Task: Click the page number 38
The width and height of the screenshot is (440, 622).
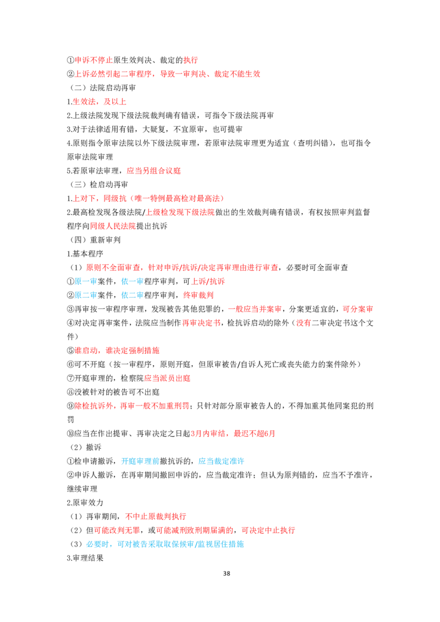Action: (x=227, y=573)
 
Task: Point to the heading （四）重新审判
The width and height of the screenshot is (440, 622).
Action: (x=95, y=240)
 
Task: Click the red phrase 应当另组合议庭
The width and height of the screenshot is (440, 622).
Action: (x=153, y=170)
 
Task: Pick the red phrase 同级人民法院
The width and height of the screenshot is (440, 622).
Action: (x=113, y=226)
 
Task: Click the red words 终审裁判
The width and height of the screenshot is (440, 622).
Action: (x=198, y=295)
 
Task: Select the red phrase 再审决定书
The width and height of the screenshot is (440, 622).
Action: (x=201, y=323)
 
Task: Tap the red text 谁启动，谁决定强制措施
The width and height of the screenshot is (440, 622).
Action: (x=117, y=350)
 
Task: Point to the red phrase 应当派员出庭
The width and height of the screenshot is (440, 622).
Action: (x=167, y=378)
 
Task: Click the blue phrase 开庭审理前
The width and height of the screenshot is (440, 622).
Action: (x=140, y=461)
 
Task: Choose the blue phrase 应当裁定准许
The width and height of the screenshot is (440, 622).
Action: (x=221, y=461)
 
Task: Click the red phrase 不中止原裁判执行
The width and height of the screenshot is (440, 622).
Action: (x=156, y=517)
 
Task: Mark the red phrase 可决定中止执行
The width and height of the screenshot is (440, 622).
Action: (x=268, y=530)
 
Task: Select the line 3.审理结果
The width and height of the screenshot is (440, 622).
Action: (x=85, y=558)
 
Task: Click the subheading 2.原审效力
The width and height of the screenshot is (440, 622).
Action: (x=85, y=503)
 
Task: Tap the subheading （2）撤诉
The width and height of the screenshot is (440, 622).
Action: (x=86, y=447)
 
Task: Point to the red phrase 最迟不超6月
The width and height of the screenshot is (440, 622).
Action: (x=255, y=434)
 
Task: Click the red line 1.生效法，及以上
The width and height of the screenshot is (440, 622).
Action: (x=96, y=102)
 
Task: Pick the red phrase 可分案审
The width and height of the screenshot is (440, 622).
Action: (x=358, y=309)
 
